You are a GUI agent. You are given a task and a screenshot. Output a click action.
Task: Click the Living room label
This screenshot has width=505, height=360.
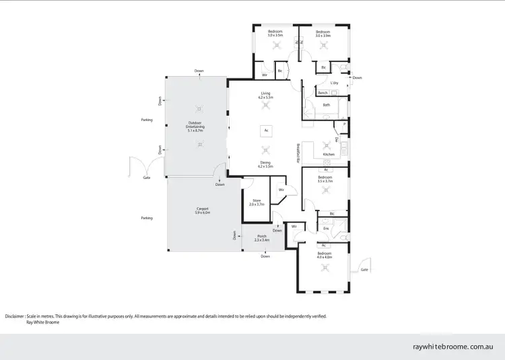pos(265,96)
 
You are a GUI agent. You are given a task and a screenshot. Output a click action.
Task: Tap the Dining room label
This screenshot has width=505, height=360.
pos(265,164)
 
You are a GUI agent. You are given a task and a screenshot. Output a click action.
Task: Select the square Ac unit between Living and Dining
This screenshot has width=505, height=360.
pos(266,130)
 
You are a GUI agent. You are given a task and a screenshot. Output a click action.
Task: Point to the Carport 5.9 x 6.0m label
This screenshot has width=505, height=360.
pos(203,211)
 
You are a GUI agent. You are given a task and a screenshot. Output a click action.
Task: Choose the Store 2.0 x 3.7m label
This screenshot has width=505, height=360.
pos(256,201)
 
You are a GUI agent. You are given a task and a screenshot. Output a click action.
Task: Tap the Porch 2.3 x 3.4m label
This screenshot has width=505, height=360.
pos(262,238)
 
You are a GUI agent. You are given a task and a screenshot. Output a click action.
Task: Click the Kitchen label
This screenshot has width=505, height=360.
pos(328,154)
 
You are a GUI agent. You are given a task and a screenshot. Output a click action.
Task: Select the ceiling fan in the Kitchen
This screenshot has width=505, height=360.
pos(328,143)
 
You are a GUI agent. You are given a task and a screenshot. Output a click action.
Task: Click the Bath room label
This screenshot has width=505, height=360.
pos(326,105)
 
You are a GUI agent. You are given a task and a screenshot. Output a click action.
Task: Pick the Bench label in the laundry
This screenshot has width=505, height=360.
pos(323,93)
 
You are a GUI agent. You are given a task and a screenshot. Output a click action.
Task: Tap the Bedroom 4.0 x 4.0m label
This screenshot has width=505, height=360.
pos(325,255)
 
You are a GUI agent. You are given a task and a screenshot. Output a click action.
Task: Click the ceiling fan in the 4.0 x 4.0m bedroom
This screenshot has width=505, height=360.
pos(325,267)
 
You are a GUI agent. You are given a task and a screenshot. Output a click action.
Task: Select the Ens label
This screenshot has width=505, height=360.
pos(325,229)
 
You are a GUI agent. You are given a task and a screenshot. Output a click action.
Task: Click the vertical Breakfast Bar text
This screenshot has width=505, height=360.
pos(297,153)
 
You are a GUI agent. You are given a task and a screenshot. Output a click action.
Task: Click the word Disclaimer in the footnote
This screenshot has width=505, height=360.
pos(14,316)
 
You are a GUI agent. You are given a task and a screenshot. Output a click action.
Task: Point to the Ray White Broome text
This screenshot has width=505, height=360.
pos(42,322)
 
